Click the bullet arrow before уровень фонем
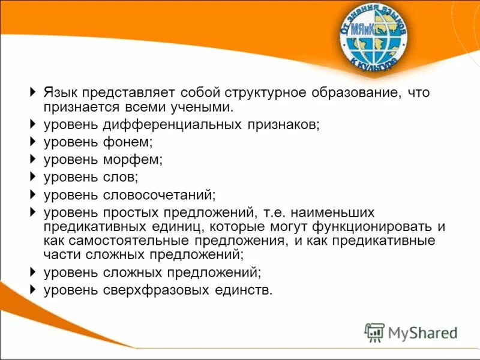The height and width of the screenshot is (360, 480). [x=32, y=142]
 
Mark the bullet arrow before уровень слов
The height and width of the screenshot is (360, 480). [x=32, y=177]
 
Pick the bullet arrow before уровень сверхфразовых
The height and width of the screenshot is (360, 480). [x=32, y=290]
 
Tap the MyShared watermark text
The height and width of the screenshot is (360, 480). [x=423, y=332]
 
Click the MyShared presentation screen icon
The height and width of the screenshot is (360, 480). [x=374, y=332]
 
